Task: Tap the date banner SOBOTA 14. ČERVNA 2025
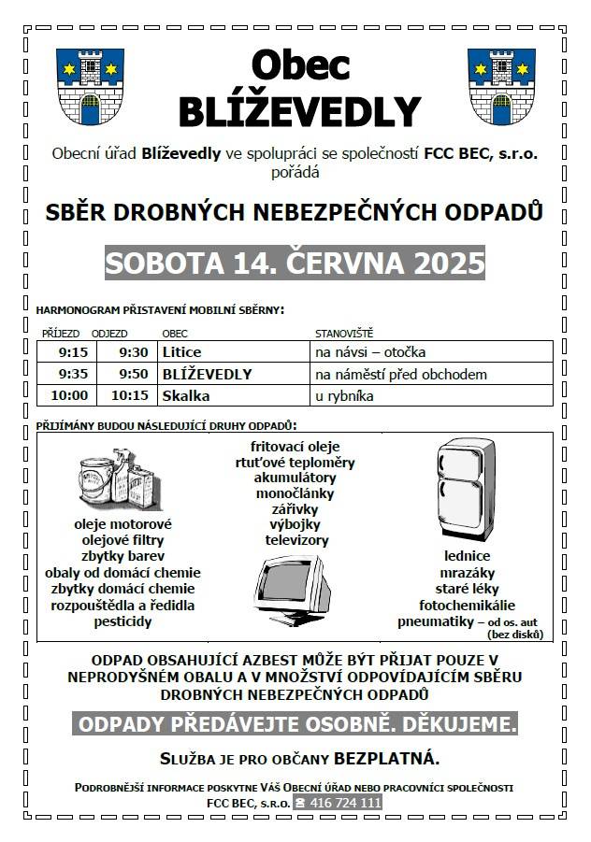coord(295,264)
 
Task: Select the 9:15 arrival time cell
coord(73,352)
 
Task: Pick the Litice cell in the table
coord(181,352)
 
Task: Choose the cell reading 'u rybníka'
coord(344,395)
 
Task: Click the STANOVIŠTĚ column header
coord(343,333)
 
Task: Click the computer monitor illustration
coord(293,590)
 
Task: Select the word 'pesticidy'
coord(123,621)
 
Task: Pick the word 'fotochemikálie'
coord(468,605)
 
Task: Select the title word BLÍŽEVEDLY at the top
coord(299,110)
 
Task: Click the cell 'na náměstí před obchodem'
coord(400,374)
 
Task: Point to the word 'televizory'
coord(297,540)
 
